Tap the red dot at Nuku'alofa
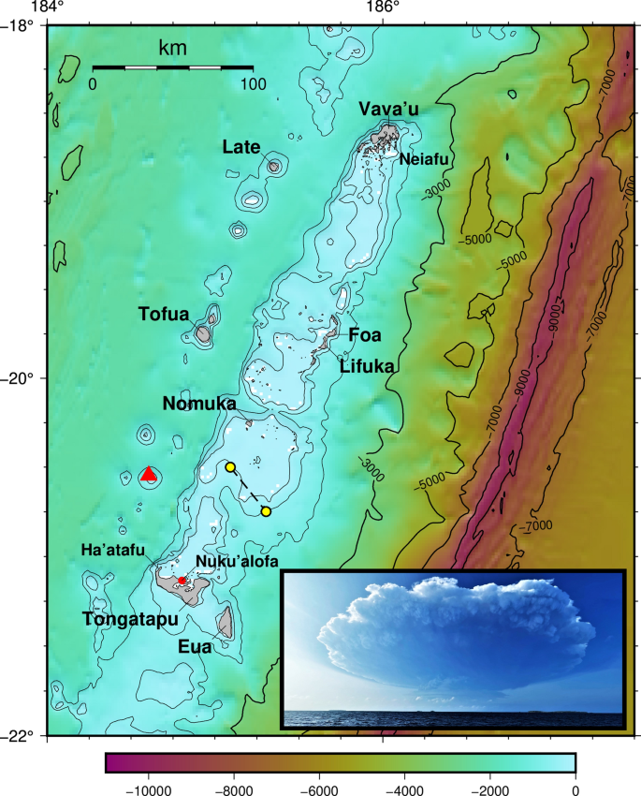tap(182, 581)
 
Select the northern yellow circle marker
tap(229, 467)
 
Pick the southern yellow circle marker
tap(266, 511)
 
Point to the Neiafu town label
tap(425, 160)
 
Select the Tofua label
tap(164, 314)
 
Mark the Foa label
tap(365, 334)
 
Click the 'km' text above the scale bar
tap(172, 48)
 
